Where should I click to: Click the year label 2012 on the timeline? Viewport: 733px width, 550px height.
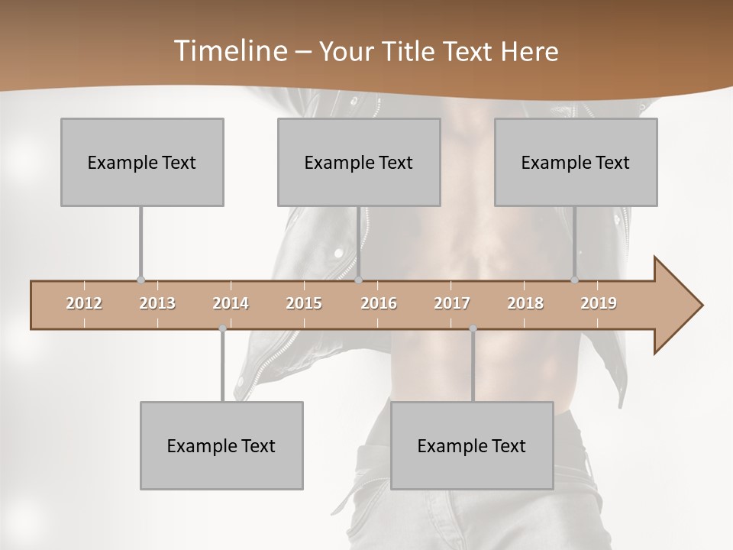point(84,303)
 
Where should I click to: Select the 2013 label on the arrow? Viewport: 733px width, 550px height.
point(157,303)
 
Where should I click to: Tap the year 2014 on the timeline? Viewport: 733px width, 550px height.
point(231,303)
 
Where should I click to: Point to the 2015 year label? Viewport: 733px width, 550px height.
point(304,303)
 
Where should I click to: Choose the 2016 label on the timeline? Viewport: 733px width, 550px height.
point(379,303)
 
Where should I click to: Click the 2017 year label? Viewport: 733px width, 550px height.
point(452,303)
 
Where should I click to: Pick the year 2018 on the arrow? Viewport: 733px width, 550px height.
point(525,303)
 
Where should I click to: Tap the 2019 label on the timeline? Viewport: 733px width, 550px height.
point(599,303)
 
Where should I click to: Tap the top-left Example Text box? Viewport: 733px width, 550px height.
point(142,163)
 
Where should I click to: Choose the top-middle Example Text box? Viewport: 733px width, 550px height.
point(359,163)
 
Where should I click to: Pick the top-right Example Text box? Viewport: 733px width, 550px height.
point(576,163)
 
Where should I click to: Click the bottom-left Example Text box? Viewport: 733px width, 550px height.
point(221,445)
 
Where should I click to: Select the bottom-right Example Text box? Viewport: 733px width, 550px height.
point(472,445)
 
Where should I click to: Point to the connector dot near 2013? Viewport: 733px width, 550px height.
point(140,280)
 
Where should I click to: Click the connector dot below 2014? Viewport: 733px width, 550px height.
point(222,328)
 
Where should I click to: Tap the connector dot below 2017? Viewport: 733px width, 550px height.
point(473,328)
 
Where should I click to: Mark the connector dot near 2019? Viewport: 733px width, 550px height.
point(575,280)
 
